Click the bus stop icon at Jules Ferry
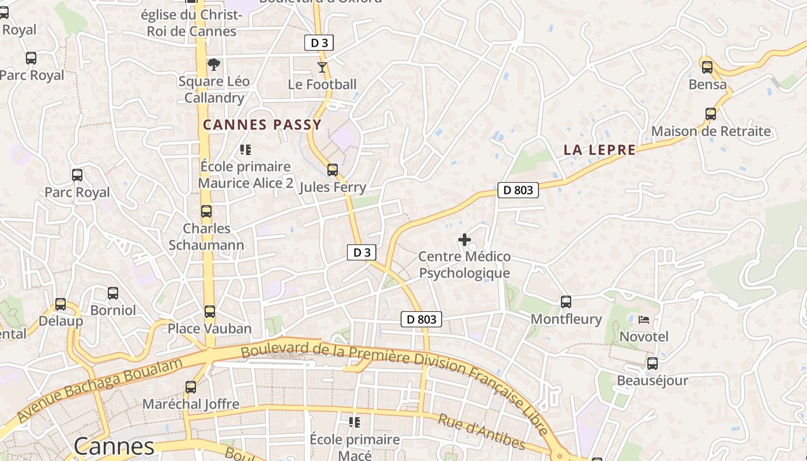point(333,170)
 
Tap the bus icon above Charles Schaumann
point(206,211)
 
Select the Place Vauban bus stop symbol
point(210,312)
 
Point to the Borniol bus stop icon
point(113,293)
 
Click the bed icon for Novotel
point(644,319)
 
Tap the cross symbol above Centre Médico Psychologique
point(465,240)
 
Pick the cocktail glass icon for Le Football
point(322,67)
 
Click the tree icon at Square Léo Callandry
point(214,64)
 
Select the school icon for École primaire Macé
point(355,422)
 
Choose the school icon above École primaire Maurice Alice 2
point(246,150)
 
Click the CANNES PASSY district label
point(262,125)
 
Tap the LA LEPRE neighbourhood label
point(599,150)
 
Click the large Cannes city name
point(114,447)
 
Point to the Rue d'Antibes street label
point(481,432)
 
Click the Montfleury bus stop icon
point(566,302)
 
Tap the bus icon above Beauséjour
point(652,364)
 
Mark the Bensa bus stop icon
point(707,67)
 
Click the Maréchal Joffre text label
point(191,404)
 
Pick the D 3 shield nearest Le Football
point(319,43)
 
